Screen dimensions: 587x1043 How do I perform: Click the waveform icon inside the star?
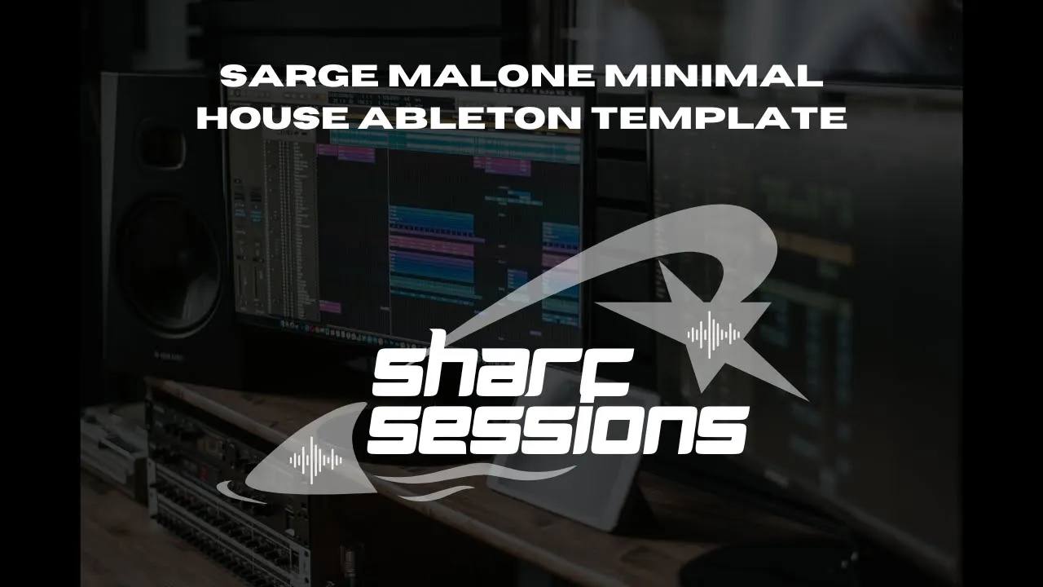click(x=714, y=333)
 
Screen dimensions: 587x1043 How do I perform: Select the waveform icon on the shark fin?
click(x=316, y=461)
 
